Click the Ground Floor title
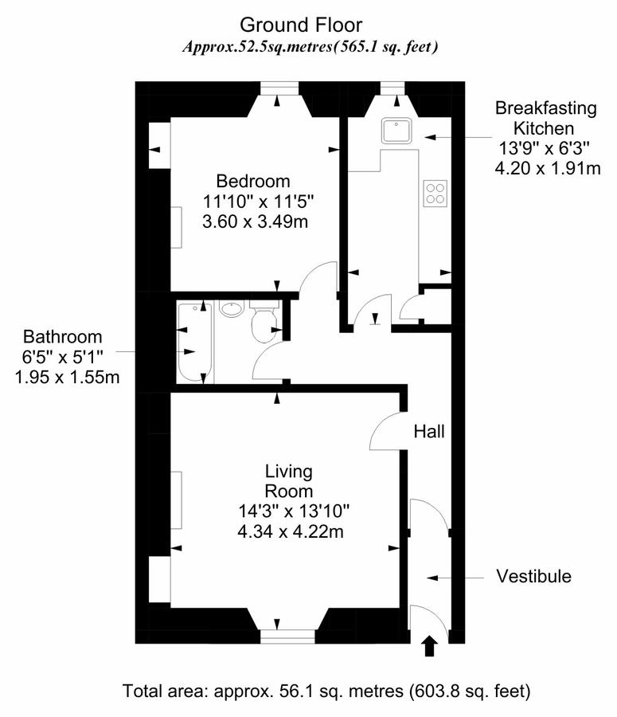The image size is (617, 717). click(x=301, y=25)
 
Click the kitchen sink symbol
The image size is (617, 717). click(x=396, y=131)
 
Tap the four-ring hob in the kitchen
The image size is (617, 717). click(x=435, y=193)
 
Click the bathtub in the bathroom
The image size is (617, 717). click(x=195, y=342)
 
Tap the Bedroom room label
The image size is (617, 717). click(x=252, y=181)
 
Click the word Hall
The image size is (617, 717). click(x=428, y=431)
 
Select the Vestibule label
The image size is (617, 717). click(x=534, y=576)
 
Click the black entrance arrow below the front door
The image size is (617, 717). click(x=429, y=646)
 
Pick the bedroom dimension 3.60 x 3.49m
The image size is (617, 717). click(x=255, y=221)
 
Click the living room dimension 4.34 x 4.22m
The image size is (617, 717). click(x=291, y=531)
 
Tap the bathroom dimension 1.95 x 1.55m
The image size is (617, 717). click(x=67, y=378)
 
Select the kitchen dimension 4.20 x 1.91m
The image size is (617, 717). click(x=548, y=168)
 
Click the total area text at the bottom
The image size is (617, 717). click(x=326, y=691)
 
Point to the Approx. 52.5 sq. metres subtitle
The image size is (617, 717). click(x=310, y=47)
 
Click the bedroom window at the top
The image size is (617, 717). click(x=279, y=88)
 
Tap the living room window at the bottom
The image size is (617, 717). click(x=287, y=637)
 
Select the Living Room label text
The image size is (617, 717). click(x=289, y=481)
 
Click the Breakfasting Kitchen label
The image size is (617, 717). click(x=545, y=118)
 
